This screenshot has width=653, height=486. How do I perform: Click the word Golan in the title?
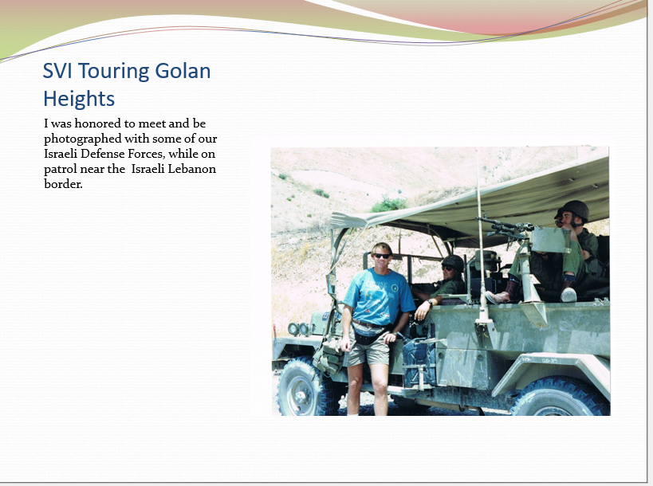point(183,71)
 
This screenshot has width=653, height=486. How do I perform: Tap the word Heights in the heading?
point(79,99)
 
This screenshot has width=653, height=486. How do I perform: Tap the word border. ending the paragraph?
point(63,184)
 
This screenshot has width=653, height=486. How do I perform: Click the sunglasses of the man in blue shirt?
point(382,256)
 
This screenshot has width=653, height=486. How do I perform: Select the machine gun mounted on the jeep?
point(506,229)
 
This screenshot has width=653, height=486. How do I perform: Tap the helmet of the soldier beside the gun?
point(573,210)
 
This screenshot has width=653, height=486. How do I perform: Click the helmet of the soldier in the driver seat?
point(453,263)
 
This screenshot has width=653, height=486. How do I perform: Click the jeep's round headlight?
point(293,329)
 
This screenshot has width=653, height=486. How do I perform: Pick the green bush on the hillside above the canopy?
point(389,204)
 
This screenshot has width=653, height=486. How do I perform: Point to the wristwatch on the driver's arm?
point(431,303)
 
